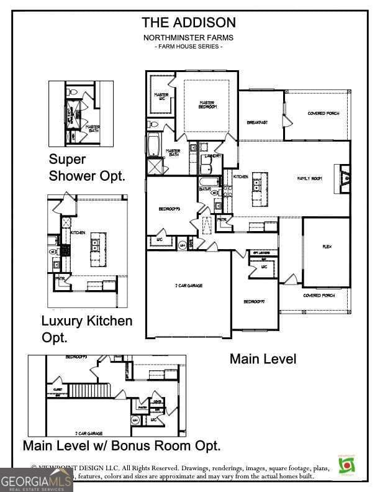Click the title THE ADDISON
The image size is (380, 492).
coord(189,23)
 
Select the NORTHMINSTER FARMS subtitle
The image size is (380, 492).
coord(189,38)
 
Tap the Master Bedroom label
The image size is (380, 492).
coord(207,105)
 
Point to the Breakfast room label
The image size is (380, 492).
coord(257,122)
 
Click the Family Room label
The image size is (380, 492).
coord(309,178)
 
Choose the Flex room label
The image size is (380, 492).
coord(327,247)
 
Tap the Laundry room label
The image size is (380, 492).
coord(214,156)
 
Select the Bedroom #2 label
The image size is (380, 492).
coord(254,301)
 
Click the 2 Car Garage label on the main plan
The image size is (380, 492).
coord(189,286)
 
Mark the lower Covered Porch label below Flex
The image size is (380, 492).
coord(319,296)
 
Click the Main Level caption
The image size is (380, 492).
coord(263,359)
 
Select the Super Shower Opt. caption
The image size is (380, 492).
coord(87,168)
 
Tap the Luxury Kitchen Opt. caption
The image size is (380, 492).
coord(86,329)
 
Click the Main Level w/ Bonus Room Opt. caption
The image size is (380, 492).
coord(121,445)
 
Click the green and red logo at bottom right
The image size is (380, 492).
coord(346,466)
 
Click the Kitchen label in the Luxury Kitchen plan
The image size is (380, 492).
coord(78,232)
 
